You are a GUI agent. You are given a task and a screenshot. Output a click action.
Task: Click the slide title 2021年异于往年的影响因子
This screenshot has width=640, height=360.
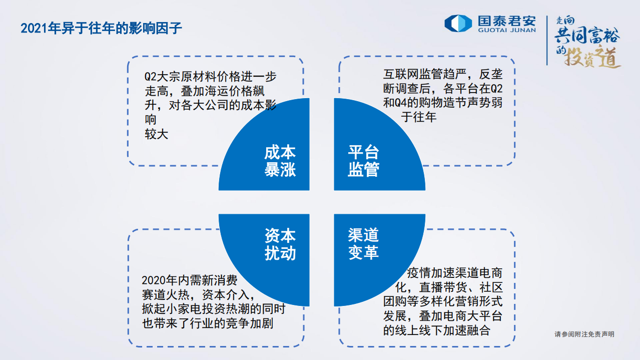click(101, 28)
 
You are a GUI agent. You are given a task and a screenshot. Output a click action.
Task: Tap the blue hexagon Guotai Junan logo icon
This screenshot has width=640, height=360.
click(458, 23)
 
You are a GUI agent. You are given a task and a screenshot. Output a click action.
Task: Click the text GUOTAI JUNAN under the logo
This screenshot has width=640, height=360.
click(506, 30)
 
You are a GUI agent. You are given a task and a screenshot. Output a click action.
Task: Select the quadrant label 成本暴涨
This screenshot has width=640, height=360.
click(280, 161)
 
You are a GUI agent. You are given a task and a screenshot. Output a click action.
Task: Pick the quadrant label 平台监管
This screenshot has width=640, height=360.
click(363, 161)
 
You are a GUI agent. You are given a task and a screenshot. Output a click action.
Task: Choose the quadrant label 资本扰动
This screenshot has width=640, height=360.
click(280, 244)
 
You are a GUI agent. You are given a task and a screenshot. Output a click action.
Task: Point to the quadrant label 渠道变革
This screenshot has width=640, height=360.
click(363, 244)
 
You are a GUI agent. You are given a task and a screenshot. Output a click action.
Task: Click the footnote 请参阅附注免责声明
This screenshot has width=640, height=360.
click(584, 334)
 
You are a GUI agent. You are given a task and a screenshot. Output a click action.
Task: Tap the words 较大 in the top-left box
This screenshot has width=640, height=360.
click(156, 134)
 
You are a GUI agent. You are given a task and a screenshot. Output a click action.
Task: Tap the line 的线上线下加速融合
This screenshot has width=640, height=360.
click(436, 330)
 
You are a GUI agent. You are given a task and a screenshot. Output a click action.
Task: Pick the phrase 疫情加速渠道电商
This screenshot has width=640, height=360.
click(454, 273)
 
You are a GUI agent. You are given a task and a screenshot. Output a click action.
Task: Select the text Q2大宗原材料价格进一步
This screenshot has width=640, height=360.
click(210, 77)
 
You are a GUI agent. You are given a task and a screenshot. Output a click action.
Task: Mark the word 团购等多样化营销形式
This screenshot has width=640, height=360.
click(443, 302)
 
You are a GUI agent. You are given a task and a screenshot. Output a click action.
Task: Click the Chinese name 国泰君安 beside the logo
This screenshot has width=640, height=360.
click(506, 20)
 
